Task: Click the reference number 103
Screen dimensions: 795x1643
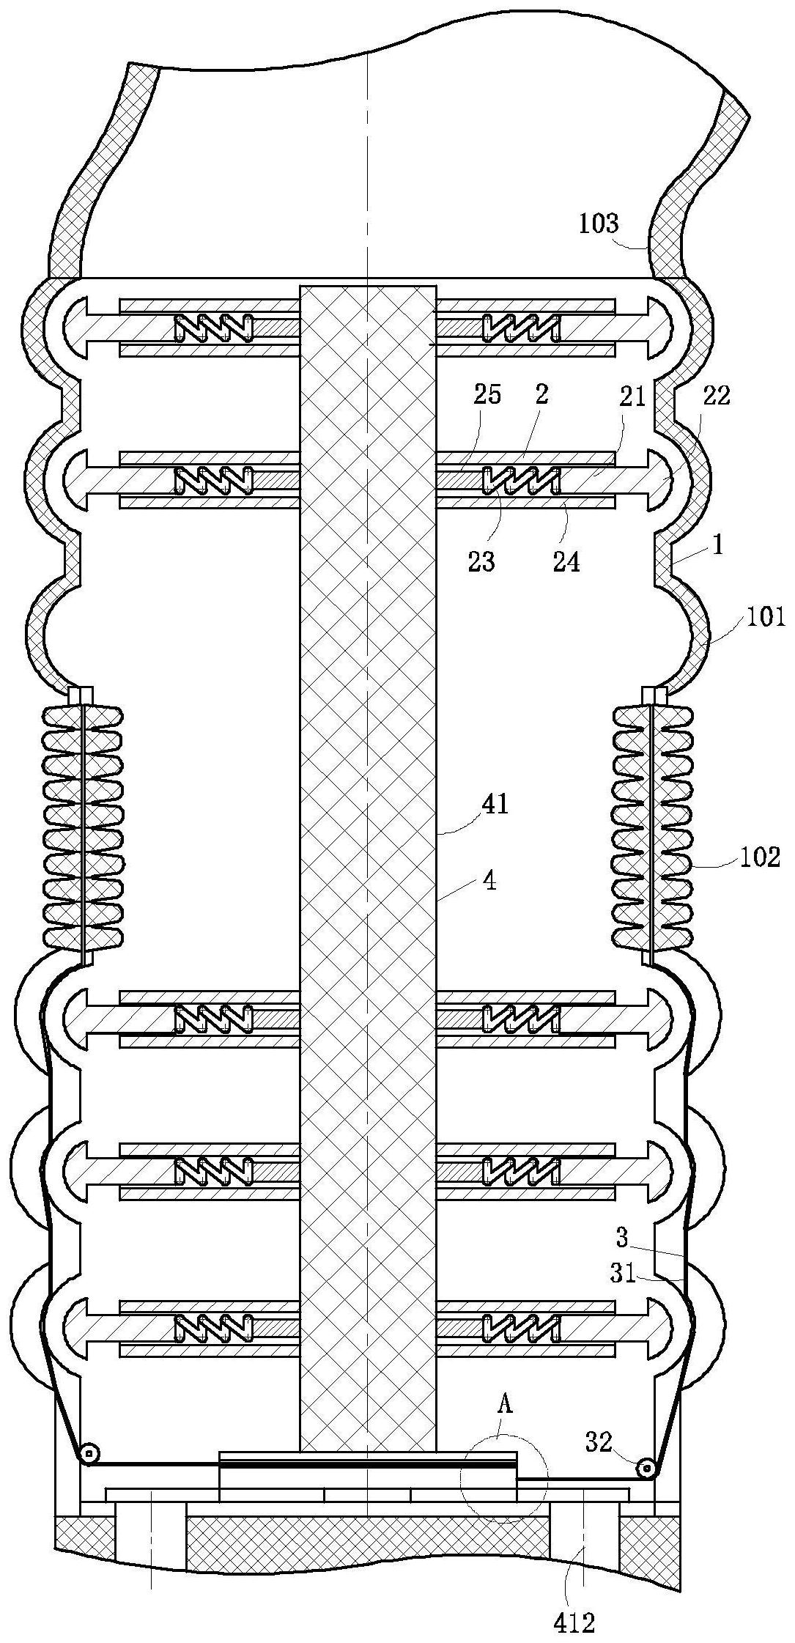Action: (599, 223)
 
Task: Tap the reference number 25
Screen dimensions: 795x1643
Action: (487, 395)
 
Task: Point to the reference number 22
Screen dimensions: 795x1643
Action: (717, 396)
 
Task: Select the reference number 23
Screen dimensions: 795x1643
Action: (481, 561)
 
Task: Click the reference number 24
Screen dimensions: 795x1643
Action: (566, 561)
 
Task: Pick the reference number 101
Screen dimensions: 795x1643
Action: (766, 618)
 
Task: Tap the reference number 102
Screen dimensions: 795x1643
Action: (761, 857)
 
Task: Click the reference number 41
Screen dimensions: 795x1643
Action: (493, 805)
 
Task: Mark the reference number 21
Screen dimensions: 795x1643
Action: (634, 396)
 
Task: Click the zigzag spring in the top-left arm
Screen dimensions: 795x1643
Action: (214, 328)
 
